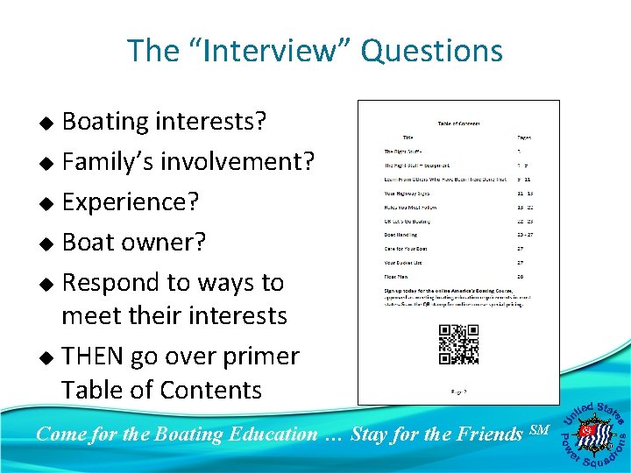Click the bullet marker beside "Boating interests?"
(x=50, y=123)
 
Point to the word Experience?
(x=131, y=202)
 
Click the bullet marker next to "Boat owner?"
(x=50, y=244)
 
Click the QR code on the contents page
(x=457, y=344)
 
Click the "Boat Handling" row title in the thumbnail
(x=402, y=235)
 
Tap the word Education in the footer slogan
(x=271, y=433)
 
